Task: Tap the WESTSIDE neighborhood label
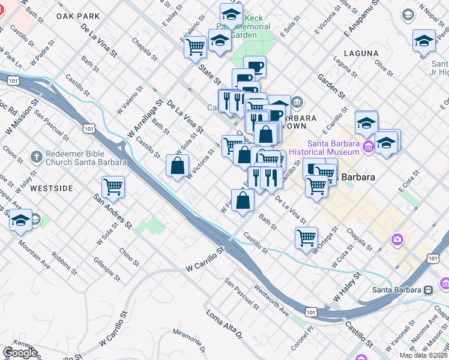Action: pyautogui.click(x=52, y=188)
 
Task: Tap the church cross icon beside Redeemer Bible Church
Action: pyautogui.click(x=36, y=158)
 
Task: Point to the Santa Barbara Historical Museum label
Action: pyautogui.click(x=333, y=148)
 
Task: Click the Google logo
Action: pyautogui.click(x=20, y=352)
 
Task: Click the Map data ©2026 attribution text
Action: pyautogui.click(x=424, y=355)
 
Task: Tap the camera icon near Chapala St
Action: pyautogui.click(x=397, y=241)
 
